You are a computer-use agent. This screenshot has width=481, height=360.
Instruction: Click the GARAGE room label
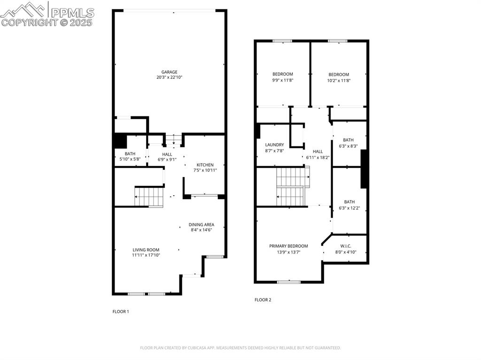click(x=170, y=72)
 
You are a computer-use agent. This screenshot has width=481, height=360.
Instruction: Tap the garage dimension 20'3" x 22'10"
click(x=170, y=77)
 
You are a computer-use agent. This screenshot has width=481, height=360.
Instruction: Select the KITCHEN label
click(x=205, y=165)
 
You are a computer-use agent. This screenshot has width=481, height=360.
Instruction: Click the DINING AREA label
click(x=202, y=224)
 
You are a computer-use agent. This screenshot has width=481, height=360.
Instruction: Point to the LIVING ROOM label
click(x=146, y=250)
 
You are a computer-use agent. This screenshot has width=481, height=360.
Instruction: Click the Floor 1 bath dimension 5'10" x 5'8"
click(x=130, y=159)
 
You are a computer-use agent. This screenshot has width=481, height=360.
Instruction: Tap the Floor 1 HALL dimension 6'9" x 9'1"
click(x=167, y=159)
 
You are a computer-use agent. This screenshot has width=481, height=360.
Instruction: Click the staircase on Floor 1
click(x=149, y=197)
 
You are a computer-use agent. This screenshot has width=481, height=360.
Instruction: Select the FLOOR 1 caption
click(x=121, y=311)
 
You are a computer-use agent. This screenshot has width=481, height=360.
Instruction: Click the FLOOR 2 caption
click(x=263, y=299)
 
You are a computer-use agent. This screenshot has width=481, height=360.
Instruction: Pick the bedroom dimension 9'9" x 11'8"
click(x=283, y=80)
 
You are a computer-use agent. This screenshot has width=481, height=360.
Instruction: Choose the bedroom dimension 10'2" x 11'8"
click(x=339, y=80)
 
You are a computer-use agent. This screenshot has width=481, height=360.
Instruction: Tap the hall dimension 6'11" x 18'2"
click(x=318, y=157)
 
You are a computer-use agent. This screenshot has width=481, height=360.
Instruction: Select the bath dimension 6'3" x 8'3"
click(x=348, y=146)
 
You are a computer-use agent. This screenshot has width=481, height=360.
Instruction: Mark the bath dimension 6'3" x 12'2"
click(x=349, y=208)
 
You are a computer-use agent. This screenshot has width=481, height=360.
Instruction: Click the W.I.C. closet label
click(x=345, y=246)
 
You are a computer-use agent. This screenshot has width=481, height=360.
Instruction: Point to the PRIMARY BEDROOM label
click(x=288, y=246)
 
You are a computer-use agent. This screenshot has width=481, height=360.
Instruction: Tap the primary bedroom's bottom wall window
click(x=288, y=282)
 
